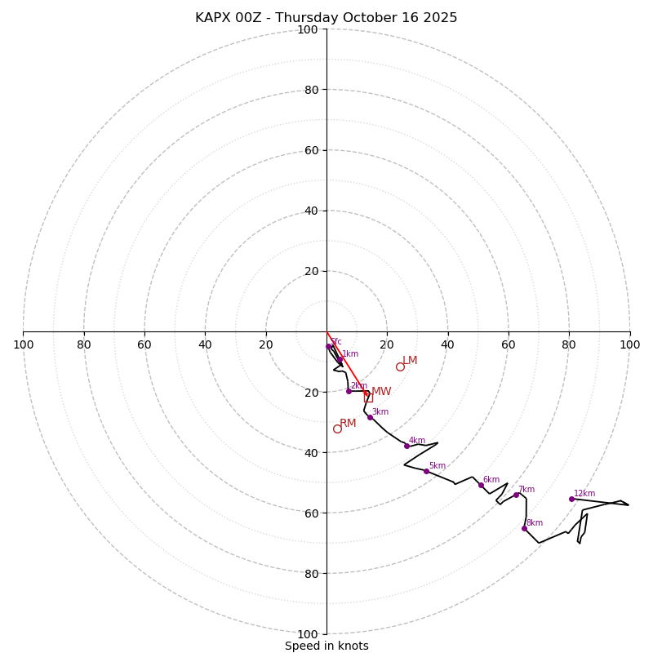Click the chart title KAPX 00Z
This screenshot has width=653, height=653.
326,18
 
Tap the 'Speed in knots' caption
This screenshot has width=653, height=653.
326,646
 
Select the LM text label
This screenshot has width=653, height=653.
410,360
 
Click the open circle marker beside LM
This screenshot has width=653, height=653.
400,366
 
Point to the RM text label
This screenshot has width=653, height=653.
348,423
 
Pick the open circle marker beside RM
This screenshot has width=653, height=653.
337,429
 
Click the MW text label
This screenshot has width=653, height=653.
381,392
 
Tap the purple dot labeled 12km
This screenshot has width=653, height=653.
571,499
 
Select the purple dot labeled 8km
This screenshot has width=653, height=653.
524,528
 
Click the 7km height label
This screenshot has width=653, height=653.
526,490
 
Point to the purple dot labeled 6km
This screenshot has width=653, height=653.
481,485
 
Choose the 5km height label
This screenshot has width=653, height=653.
438,466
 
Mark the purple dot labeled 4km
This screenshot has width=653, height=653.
406,446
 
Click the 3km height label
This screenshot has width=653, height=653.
380,412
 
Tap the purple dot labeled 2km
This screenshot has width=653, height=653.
349,391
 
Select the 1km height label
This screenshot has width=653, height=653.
350,354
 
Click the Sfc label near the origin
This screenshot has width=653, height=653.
336,342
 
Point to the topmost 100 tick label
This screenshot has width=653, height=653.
308,29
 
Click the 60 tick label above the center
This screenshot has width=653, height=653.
311,150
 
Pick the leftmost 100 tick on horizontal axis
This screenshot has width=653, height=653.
23,344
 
